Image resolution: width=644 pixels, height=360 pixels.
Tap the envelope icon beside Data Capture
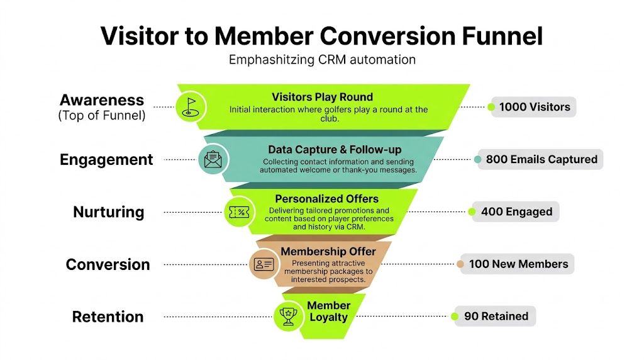[213, 159]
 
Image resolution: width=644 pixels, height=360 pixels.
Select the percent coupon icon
[239, 211]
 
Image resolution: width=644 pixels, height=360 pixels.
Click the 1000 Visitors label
[534, 107]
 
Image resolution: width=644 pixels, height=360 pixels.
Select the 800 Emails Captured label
[541, 159]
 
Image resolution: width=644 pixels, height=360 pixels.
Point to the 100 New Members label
[518, 264]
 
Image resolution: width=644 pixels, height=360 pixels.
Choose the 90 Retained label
[496, 316]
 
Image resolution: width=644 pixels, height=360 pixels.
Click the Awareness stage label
[102, 100]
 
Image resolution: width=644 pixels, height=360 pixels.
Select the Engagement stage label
[106, 160]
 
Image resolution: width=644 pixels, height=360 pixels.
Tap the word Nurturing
[108, 212]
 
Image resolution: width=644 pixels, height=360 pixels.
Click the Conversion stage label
[108, 264]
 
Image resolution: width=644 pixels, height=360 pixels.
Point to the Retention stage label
[108, 317]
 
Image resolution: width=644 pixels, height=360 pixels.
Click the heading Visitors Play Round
[322, 97]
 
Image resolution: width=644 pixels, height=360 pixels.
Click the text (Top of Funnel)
[102, 115]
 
